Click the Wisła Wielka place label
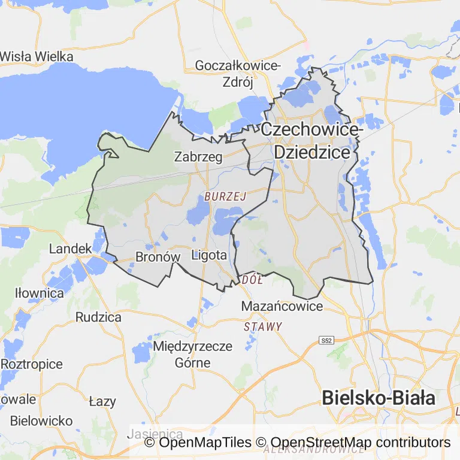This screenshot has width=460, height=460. click(x=37, y=57)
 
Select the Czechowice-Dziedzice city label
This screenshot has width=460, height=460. click(x=311, y=140)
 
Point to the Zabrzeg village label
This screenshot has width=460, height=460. click(x=198, y=157)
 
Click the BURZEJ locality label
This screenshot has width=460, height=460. click(x=225, y=196)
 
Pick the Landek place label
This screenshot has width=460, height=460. click(x=71, y=248)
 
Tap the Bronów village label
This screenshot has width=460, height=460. click(x=158, y=256)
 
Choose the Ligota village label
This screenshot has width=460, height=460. click(x=209, y=255)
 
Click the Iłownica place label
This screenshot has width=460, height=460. click(x=40, y=293)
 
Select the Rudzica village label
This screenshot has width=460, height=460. click(x=98, y=317)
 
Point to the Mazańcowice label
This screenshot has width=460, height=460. click(x=282, y=306)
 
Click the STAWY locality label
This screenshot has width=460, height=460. click(x=263, y=326)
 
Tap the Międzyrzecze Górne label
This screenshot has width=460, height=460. click(x=192, y=354)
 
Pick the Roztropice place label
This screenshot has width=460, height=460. click(x=31, y=364)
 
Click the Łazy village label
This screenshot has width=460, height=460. click(x=102, y=401)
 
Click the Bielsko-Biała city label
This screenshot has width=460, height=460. click(x=379, y=398)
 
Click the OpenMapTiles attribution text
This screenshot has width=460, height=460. click(x=198, y=443)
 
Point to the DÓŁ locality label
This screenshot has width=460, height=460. click(x=248, y=280)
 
